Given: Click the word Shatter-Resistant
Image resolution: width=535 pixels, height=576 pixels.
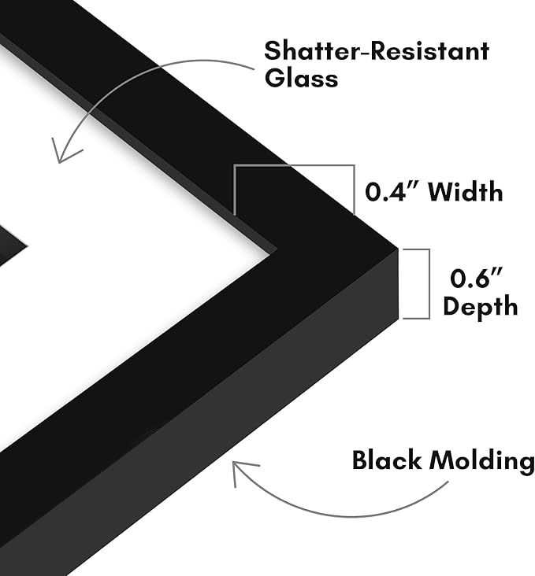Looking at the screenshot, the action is pyautogui.click(x=377, y=51).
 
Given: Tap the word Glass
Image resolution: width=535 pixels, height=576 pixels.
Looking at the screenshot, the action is pyautogui.click(x=301, y=78).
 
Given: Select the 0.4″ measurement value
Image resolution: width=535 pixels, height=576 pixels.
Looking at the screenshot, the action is pyautogui.click(x=392, y=192).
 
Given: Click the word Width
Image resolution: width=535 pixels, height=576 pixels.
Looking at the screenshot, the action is pyautogui.click(x=466, y=191).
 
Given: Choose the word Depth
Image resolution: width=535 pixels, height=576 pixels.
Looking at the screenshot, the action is pyautogui.click(x=480, y=305).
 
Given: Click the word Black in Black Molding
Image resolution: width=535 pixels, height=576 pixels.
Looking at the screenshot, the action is pyautogui.click(x=387, y=460).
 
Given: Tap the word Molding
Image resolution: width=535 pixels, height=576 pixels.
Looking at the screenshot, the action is pyautogui.click(x=482, y=461).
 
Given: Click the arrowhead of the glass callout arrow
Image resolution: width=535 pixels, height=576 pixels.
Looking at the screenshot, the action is pyautogui.click(x=59, y=161).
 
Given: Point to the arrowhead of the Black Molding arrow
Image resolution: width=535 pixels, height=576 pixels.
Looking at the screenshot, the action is pyautogui.click(x=233, y=463).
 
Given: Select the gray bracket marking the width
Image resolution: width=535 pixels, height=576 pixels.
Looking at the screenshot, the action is pyautogui.click(x=295, y=166).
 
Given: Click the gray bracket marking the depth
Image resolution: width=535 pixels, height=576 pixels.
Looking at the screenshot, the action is pyautogui.click(x=429, y=283).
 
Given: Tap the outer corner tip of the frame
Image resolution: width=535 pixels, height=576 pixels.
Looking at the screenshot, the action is pyautogui.click(x=399, y=249).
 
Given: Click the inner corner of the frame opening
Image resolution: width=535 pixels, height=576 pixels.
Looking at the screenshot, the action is pyautogui.click(x=277, y=251).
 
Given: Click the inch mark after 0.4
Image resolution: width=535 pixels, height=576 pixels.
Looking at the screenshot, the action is pyautogui.click(x=413, y=185).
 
